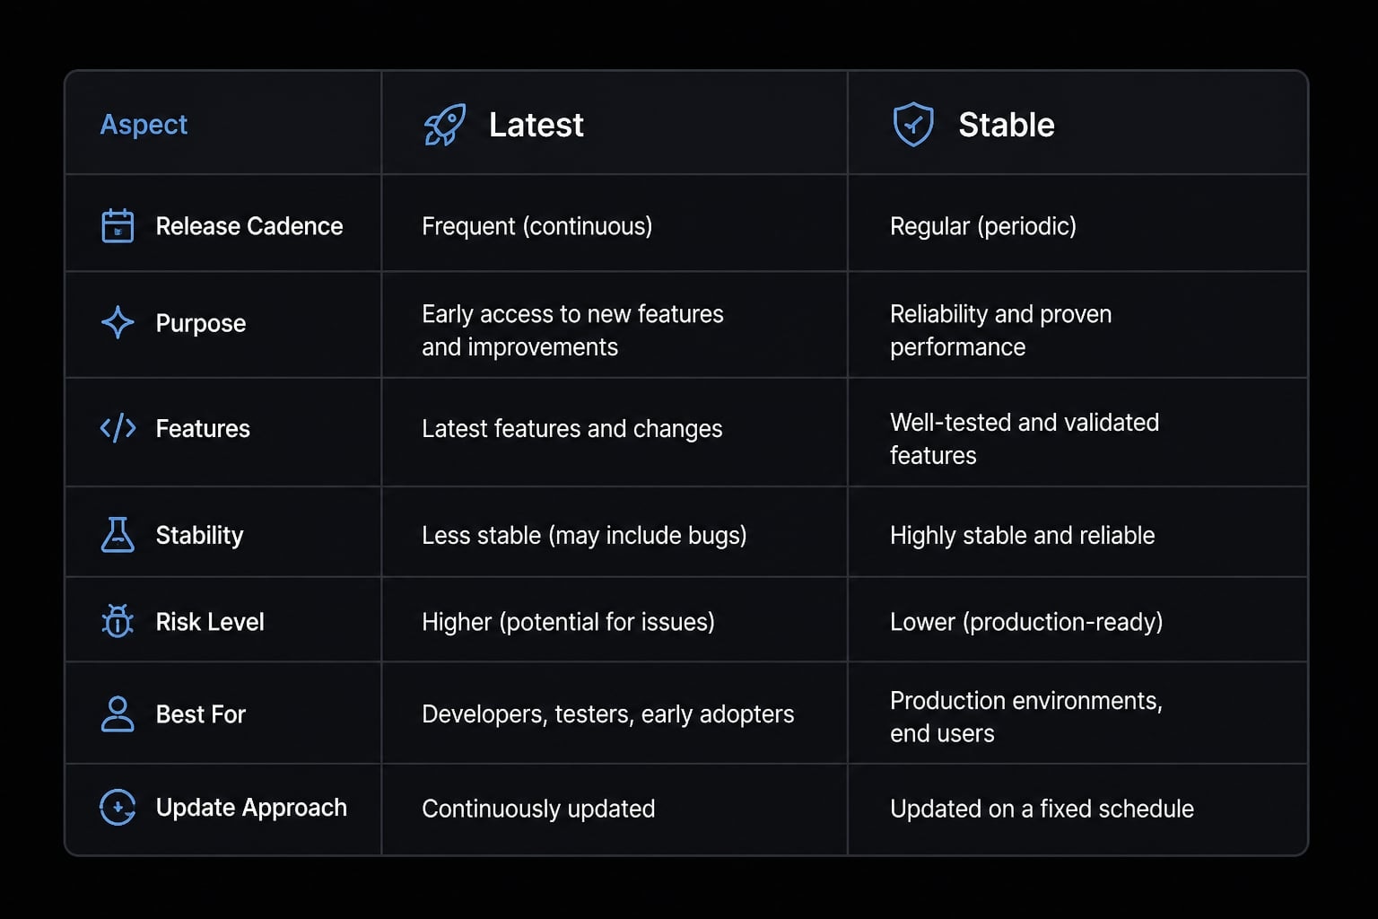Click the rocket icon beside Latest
[445, 125]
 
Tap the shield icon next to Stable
[913, 125]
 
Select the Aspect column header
[144, 125]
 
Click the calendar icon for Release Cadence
[118, 226]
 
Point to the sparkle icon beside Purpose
[118, 322]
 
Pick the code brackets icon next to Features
[118, 428]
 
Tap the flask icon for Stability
[118, 534]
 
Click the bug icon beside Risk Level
[118, 620]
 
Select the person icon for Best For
[118, 714]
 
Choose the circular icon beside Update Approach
[118, 807]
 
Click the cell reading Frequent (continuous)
[537, 226]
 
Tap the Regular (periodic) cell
[983, 226]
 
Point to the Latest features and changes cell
[572, 429]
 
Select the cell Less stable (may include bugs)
[584, 536]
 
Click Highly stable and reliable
[1023, 536]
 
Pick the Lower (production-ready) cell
[1026, 622]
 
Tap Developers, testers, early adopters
[607, 714]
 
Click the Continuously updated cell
[538, 809]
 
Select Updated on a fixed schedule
[1042, 809]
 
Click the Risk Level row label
[210, 622]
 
